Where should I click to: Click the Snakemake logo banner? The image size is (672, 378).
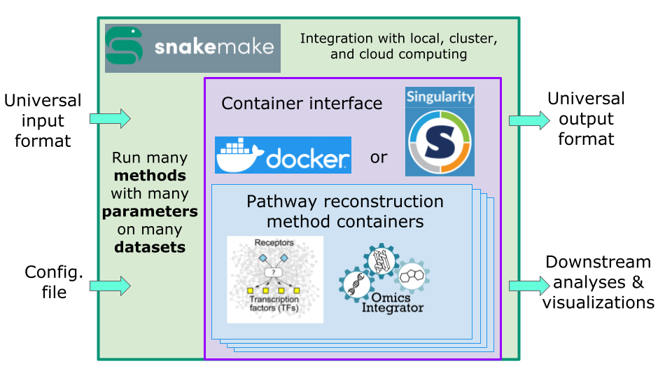tap(192, 48)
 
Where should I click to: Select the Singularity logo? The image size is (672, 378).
tap(440, 131)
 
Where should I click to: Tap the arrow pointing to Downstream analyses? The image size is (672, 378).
tap(529, 286)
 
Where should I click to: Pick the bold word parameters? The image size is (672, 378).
tap(150, 211)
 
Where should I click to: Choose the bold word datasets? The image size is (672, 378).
tap(150, 247)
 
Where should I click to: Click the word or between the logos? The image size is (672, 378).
tap(378, 157)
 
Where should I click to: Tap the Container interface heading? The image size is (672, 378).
tap(302, 104)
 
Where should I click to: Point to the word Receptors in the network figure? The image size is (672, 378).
tap(274, 243)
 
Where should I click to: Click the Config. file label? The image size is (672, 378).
tap(54, 281)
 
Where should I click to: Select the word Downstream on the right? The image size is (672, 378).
tap(598, 262)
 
